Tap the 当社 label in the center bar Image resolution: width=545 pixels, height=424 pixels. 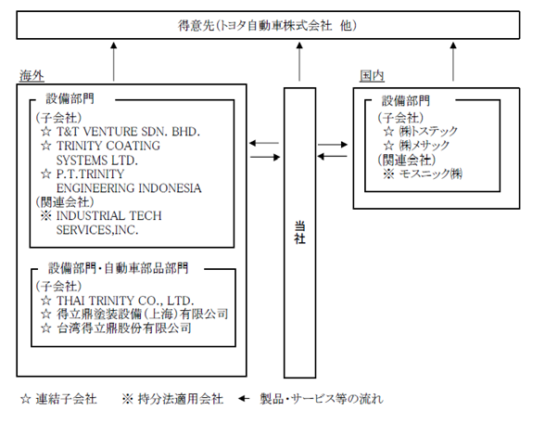pos(299,233)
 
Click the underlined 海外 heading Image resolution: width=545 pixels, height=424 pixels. pos(32,76)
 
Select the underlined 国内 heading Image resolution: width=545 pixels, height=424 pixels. pos(372,76)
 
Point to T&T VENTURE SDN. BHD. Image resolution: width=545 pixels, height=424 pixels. pos(128,132)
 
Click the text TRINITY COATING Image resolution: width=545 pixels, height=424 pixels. pos(108,146)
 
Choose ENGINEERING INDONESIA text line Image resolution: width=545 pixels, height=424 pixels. pos(129,188)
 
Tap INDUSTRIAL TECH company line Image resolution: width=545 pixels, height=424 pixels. pos(108,216)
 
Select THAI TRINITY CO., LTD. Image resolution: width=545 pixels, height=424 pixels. pos(125,301)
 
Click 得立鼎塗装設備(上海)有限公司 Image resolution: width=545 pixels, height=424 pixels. pos(142,315)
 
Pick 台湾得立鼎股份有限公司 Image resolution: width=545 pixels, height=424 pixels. pos(124,328)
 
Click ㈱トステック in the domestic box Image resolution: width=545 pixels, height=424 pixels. pos(428,131)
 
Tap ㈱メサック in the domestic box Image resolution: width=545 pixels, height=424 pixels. pos(424,145)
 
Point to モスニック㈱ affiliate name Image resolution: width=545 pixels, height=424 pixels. pos(430,173)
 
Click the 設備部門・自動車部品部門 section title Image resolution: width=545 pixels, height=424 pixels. pos(119,268)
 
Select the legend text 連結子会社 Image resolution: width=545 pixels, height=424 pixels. pos(66,399)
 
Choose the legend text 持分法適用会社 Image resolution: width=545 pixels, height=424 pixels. pos(181,399)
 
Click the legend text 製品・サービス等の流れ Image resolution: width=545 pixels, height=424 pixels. pos(322,399)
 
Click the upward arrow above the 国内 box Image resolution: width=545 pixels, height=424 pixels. pos(453,61)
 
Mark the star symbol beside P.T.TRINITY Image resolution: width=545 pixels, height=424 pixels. pos(46,173)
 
